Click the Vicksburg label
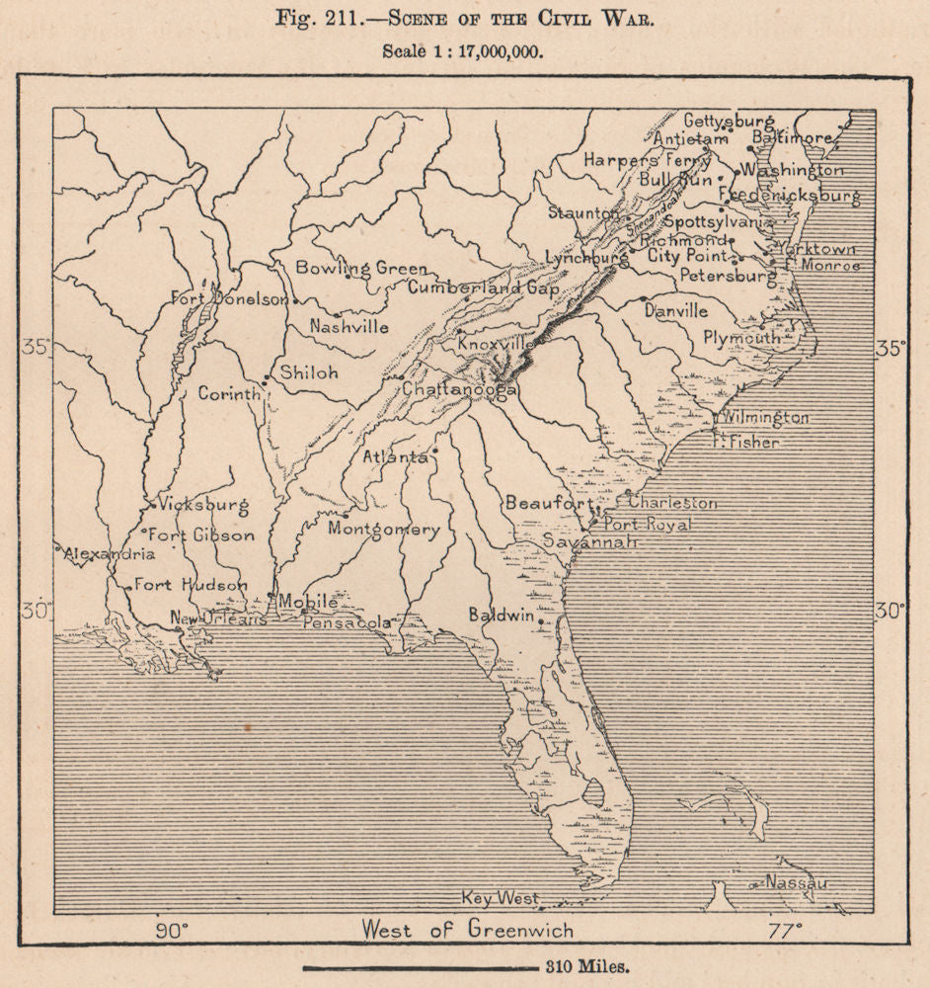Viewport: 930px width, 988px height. click(202, 503)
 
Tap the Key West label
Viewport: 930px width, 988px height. click(502, 898)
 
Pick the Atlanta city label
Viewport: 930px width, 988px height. click(395, 456)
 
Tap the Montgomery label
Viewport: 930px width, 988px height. click(384, 529)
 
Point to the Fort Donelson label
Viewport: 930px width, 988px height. click(229, 297)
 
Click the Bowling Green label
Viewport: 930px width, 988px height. click(360, 268)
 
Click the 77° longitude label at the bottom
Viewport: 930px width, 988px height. click(786, 929)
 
